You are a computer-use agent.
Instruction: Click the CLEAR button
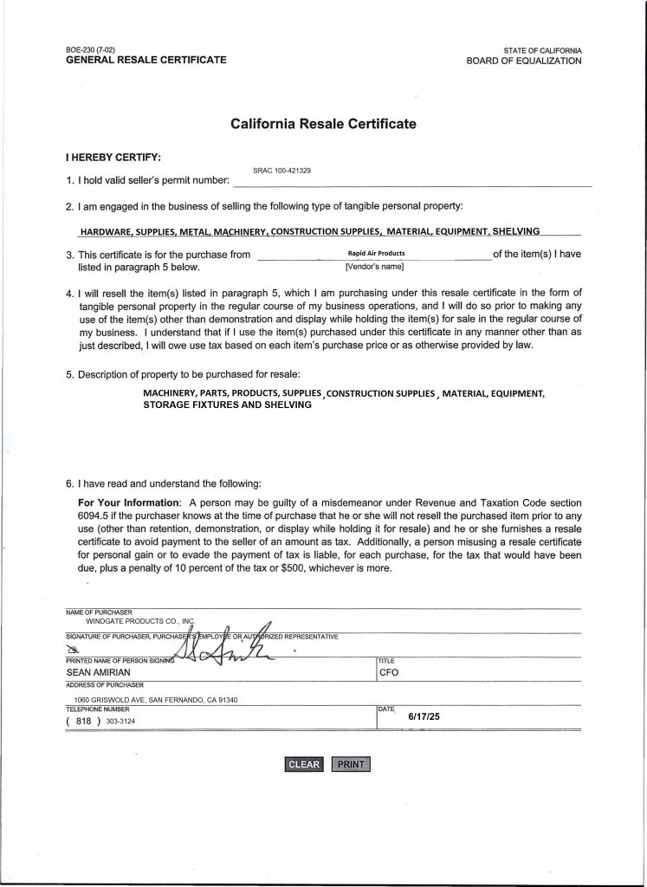304,764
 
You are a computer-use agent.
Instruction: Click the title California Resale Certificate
323,124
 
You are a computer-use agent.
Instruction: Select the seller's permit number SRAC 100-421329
282,171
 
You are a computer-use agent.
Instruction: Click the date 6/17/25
424,717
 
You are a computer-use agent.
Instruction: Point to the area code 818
84,721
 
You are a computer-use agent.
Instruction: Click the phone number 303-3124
120,721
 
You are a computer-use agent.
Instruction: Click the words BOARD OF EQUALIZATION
523,61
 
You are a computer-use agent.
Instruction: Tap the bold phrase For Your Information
129,503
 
